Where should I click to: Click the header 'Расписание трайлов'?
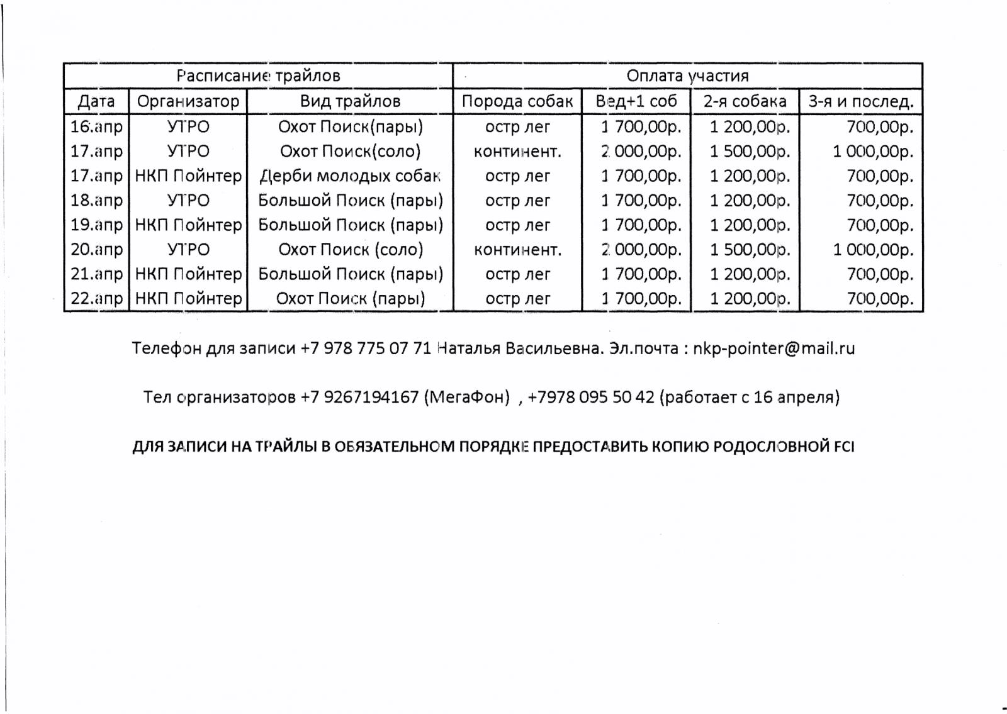pyautogui.click(x=258, y=76)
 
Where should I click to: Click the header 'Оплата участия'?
pyautogui.click(x=687, y=76)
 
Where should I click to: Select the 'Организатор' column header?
pyautogui.click(x=188, y=101)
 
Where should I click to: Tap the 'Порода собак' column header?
pyautogui.click(x=517, y=101)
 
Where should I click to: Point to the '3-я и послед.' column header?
pyautogui.click(x=860, y=101)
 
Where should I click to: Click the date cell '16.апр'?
pyautogui.click(x=96, y=126)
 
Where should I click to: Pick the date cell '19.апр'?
pyautogui.click(x=96, y=225)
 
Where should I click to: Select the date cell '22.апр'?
pyautogui.click(x=96, y=298)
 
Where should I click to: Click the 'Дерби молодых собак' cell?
pyautogui.click(x=350, y=176)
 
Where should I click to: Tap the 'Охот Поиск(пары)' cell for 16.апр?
pyautogui.click(x=350, y=126)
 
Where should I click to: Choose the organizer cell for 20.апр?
pyautogui.click(x=188, y=249)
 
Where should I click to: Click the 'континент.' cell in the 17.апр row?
pyautogui.click(x=517, y=151)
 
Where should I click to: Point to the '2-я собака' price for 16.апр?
pyautogui.click(x=750, y=126)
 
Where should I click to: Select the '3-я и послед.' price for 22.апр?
pyautogui.click(x=879, y=298)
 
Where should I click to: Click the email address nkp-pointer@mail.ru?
pyautogui.click(x=774, y=349)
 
